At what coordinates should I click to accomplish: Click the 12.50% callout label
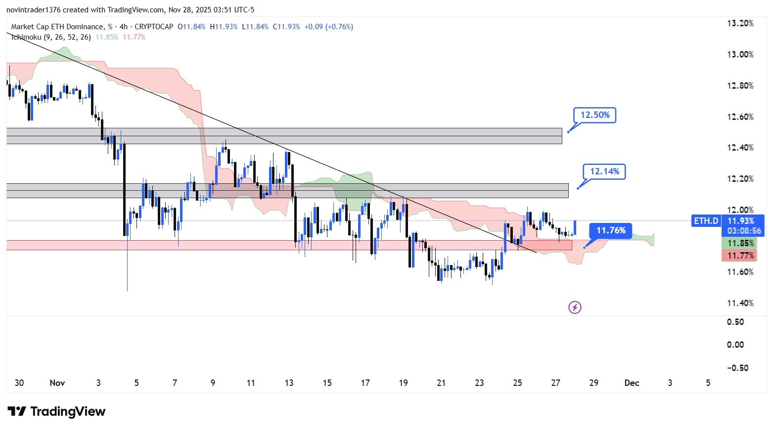click(x=594, y=115)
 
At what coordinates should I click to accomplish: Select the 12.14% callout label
click(x=604, y=171)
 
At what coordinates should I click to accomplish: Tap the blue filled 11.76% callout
click(x=611, y=230)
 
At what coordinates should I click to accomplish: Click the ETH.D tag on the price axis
click(x=706, y=221)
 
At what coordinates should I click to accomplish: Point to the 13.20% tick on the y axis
click(x=740, y=23)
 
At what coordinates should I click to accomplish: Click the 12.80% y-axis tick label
click(x=740, y=86)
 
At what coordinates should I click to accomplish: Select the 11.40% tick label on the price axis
click(x=740, y=303)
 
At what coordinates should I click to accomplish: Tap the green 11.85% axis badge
click(x=740, y=243)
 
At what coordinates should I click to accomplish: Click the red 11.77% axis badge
click(x=740, y=256)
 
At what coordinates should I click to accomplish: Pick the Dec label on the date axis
click(x=632, y=383)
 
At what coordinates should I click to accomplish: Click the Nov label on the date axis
click(x=57, y=383)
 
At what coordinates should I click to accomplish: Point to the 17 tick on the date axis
click(x=365, y=383)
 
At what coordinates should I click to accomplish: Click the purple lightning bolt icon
click(x=575, y=308)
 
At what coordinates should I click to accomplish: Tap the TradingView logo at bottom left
click(x=56, y=412)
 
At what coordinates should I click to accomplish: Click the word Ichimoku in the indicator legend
click(x=26, y=37)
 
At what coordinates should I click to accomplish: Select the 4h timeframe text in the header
click(x=124, y=27)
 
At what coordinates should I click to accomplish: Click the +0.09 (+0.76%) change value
click(x=328, y=27)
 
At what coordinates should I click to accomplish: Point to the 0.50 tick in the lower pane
click(x=735, y=322)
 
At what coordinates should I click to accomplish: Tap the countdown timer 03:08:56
click(x=744, y=231)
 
